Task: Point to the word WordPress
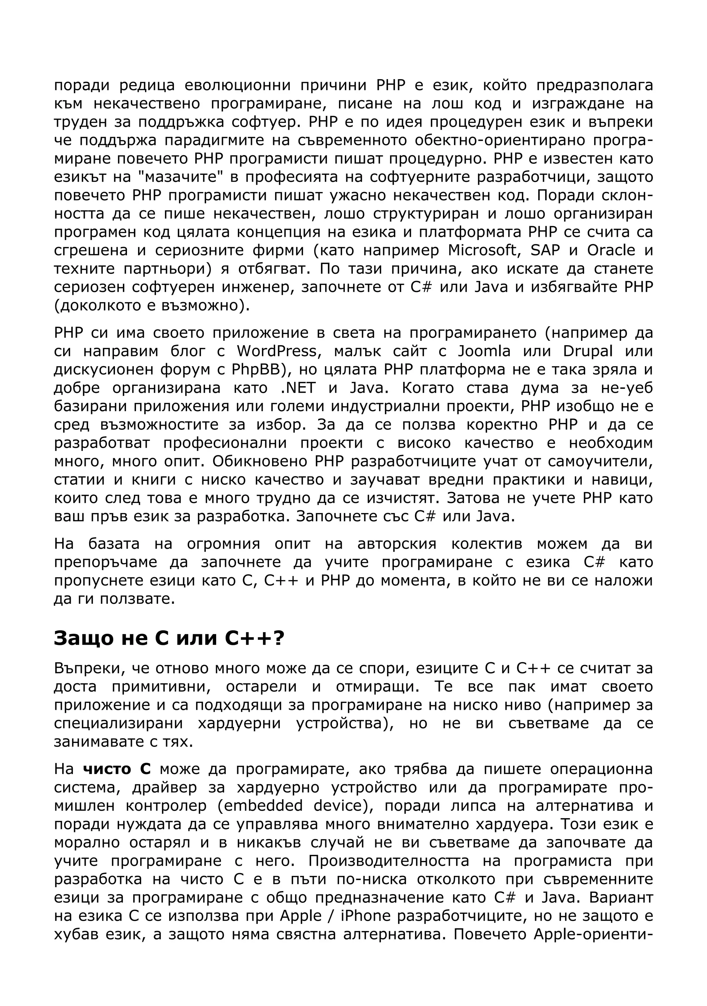[277, 351]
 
